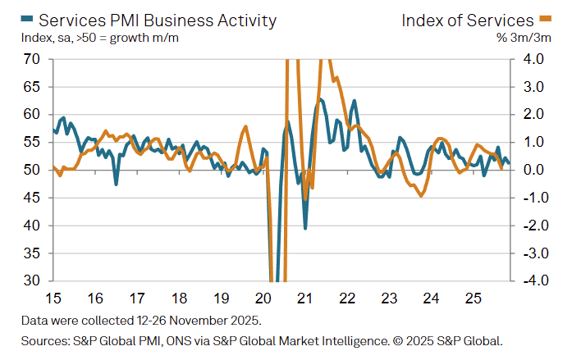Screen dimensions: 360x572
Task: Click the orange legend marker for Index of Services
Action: click(x=544, y=18)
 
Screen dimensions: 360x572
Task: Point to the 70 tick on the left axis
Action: click(x=33, y=59)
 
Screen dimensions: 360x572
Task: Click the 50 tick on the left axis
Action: click(x=33, y=170)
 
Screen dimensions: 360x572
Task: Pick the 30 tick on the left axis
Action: click(x=33, y=280)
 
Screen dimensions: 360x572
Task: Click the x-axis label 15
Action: click(x=53, y=297)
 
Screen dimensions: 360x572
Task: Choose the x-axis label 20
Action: click(x=263, y=297)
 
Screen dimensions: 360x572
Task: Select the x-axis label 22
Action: click(x=346, y=297)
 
